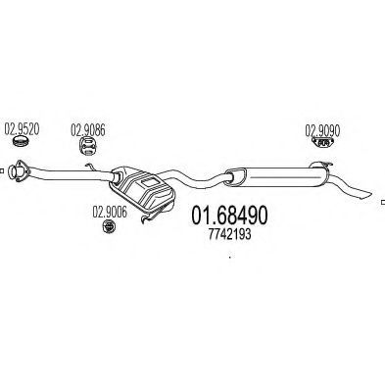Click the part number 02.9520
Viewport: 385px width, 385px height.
(22, 129)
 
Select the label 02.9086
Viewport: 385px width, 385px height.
(88, 130)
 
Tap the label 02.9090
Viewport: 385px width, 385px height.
(322, 130)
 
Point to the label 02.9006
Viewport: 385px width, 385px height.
(110, 212)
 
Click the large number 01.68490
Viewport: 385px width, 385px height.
(229, 216)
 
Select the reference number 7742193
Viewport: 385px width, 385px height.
(229, 234)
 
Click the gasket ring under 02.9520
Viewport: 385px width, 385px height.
(21, 141)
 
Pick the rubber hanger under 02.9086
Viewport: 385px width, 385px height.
(88, 146)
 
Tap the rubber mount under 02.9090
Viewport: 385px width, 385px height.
(322, 142)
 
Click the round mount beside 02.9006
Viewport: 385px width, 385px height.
(109, 226)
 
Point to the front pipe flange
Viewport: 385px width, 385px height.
(18, 170)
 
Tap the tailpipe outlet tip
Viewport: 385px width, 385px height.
(368, 194)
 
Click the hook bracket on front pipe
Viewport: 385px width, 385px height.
(90, 167)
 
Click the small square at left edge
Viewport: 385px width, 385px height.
(1, 170)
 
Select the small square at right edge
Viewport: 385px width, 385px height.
(383, 202)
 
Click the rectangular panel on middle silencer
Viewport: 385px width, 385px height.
(149, 182)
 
